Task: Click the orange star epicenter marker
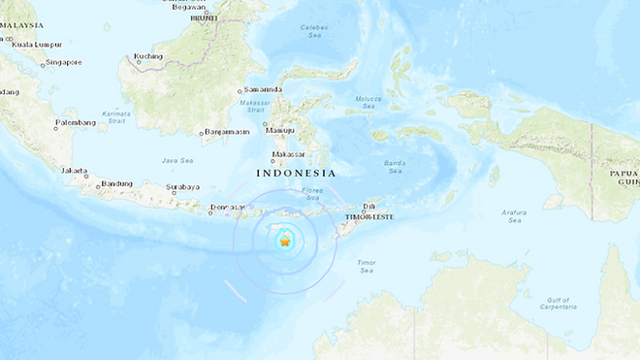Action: pos(284,244)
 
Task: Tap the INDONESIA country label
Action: pos(296,173)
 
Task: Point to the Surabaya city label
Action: pos(181,187)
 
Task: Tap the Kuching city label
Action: pos(149,56)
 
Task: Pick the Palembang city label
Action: pos(76,123)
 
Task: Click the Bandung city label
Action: pos(116,183)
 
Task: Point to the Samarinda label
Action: pos(263,90)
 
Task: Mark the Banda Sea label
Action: pos(394,167)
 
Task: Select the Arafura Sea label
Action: pos(514,215)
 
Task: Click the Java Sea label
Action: pos(178,160)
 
